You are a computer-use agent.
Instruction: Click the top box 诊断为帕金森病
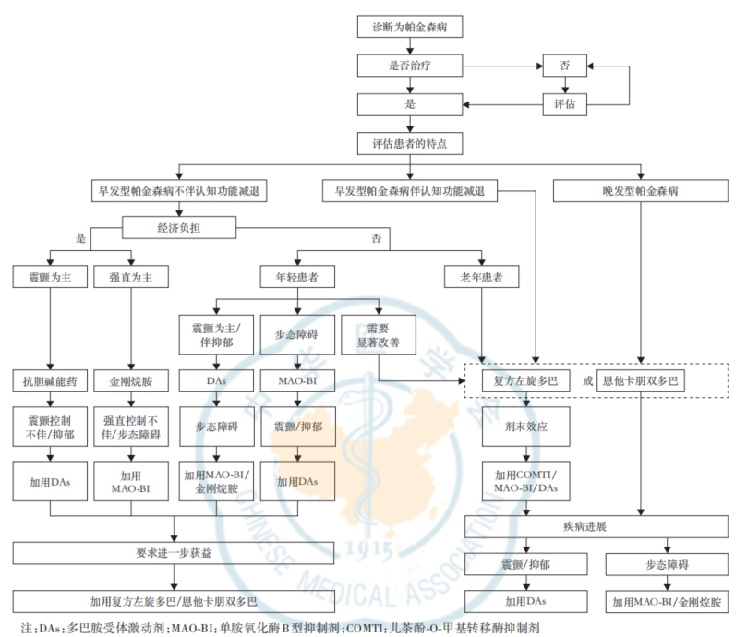[x=410, y=26]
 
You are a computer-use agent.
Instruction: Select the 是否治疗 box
[x=410, y=66]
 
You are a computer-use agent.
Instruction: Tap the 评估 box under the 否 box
[x=564, y=104]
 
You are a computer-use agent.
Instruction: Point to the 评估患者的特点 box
[x=410, y=143]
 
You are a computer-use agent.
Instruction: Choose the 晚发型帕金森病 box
[x=640, y=190]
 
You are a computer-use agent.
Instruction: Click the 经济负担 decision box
[x=179, y=228]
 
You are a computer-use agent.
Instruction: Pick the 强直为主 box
[x=131, y=277]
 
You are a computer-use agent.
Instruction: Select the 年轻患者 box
[x=297, y=277]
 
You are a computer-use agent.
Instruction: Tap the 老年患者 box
[x=482, y=277]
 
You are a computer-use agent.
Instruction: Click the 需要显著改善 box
[x=379, y=334]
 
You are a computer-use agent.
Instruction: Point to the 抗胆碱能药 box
[x=50, y=381]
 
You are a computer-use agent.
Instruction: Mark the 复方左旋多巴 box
[x=526, y=381]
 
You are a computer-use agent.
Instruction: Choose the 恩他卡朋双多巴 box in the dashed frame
[x=641, y=381]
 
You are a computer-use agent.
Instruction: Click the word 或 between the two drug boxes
[x=588, y=381]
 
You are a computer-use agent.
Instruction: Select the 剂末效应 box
[x=526, y=427]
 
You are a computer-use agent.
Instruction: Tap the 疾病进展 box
[x=596, y=526]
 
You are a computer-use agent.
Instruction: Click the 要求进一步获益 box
[x=174, y=553]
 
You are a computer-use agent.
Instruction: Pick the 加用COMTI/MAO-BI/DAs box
[x=526, y=481]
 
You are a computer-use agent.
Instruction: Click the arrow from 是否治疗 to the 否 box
[x=502, y=66]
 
